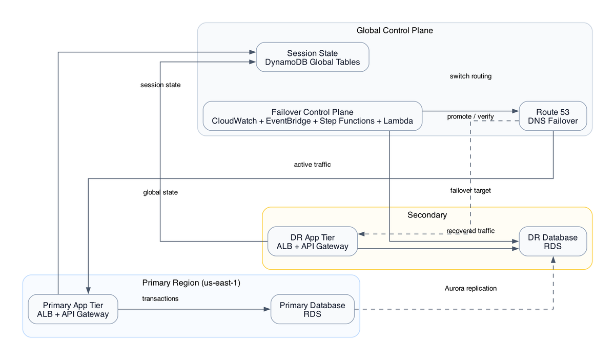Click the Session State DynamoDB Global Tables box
coord(312,57)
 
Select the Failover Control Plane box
coord(312,116)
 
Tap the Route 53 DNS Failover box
coord(552,116)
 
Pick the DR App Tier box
coord(312,242)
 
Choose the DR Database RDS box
coord(552,242)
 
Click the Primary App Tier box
coord(73,309)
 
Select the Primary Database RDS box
coord(312,309)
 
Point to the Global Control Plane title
coord(395,31)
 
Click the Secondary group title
coord(427,215)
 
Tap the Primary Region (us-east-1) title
coord(191,283)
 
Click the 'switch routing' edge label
coord(470,76)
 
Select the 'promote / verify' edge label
coord(470,117)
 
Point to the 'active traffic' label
coord(312,165)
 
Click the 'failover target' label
coord(470,190)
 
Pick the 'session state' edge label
coord(160,85)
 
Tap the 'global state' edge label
coord(160,192)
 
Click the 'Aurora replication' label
coord(470,288)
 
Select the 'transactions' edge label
coord(160,298)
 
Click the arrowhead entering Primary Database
coord(266,309)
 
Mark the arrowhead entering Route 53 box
coord(515,111)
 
